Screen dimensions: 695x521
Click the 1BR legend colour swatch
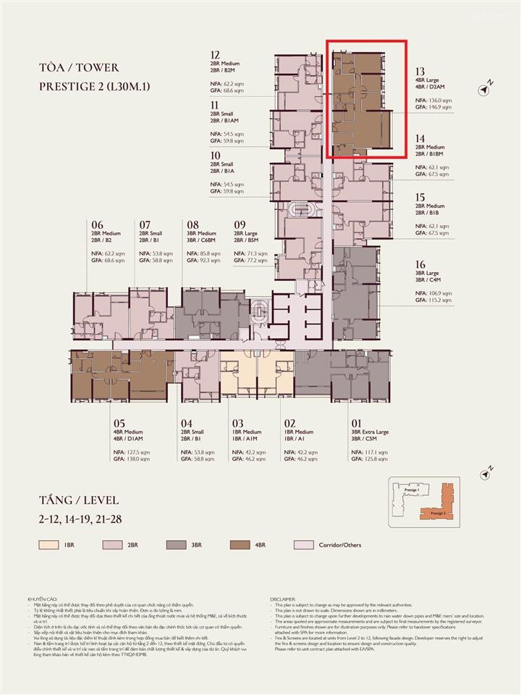49,544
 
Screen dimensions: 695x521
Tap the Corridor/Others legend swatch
305,544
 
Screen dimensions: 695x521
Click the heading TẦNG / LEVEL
79,500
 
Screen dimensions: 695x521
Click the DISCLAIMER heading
284,599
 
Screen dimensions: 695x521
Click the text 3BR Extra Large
370,432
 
